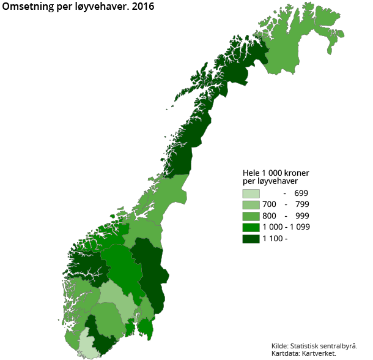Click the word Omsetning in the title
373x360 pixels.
pyautogui.click(x=28, y=7)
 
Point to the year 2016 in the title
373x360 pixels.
pyautogui.click(x=142, y=7)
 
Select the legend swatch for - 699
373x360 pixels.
pyautogui.click(x=251, y=193)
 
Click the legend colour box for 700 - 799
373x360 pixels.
pyautogui.click(x=251, y=204)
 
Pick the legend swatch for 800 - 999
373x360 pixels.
pyautogui.click(x=251, y=216)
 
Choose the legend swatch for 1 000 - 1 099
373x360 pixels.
pyautogui.click(x=251, y=227)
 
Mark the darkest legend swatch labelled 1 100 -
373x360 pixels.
pyautogui.click(x=251, y=239)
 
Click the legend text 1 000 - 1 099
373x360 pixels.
pyautogui.click(x=287, y=227)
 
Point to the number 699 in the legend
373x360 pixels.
pyautogui.click(x=301, y=193)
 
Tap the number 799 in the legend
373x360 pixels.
pyautogui.click(x=301, y=204)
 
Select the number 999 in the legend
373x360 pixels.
pyautogui.click(x=301, y=216)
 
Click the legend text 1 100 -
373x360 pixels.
pyautogui.click(x=275, y=239)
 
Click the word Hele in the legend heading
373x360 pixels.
pyautogui.click(x=252, y=173)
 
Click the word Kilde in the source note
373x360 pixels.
pyautogui.click(x=281, y=345)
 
